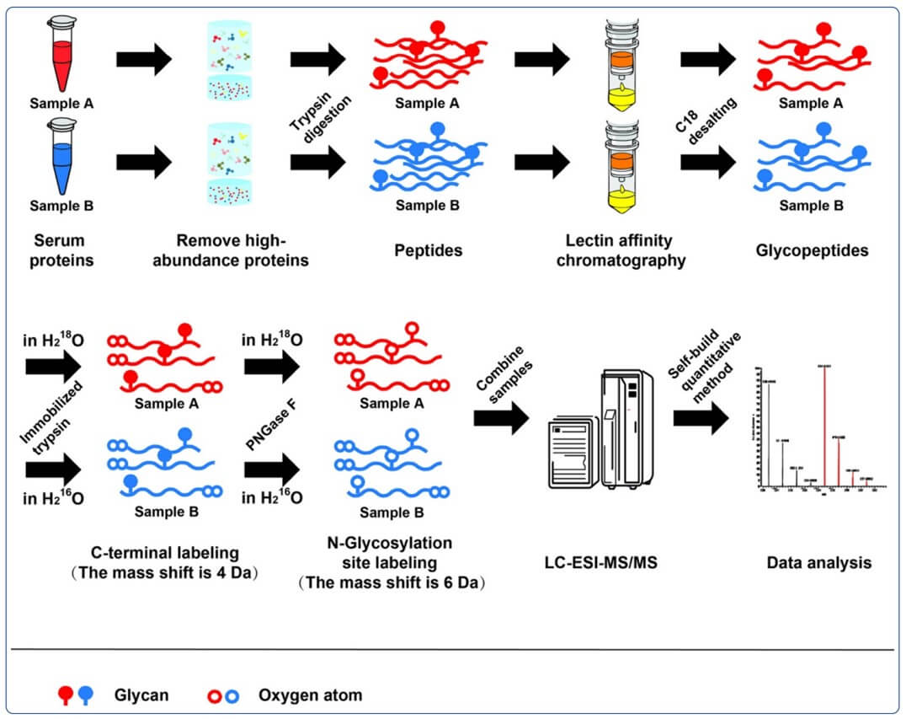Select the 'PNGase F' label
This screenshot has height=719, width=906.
272,428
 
